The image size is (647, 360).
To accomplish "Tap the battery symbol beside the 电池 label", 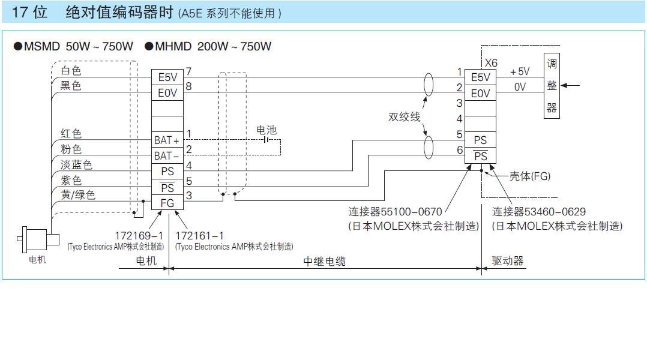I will [265, 140].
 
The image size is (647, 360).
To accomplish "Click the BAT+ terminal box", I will [166, 140].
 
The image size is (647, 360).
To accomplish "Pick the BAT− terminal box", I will [166, 156].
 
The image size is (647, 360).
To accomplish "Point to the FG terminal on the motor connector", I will [167, 203].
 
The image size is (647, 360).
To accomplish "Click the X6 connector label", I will [491, 62].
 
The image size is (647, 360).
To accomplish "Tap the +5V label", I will [520, 71].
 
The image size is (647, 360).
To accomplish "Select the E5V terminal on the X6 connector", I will [480, 77].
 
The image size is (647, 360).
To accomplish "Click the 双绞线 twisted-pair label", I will [404, 117].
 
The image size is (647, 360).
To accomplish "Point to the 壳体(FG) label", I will [530, 176].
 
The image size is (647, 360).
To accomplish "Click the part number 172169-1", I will [139, 235].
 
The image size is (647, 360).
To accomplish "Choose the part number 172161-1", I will [199, 235].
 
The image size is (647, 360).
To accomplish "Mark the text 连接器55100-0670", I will [395, 212].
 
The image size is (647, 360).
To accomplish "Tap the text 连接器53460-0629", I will [539, 212].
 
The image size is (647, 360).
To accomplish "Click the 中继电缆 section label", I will [324, 261].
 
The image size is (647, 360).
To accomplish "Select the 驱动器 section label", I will [508, 261].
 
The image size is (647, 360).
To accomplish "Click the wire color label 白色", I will [71, 71].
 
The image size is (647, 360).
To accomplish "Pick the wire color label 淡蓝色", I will [76, 164].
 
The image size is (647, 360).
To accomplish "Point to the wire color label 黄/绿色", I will [78, 195].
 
